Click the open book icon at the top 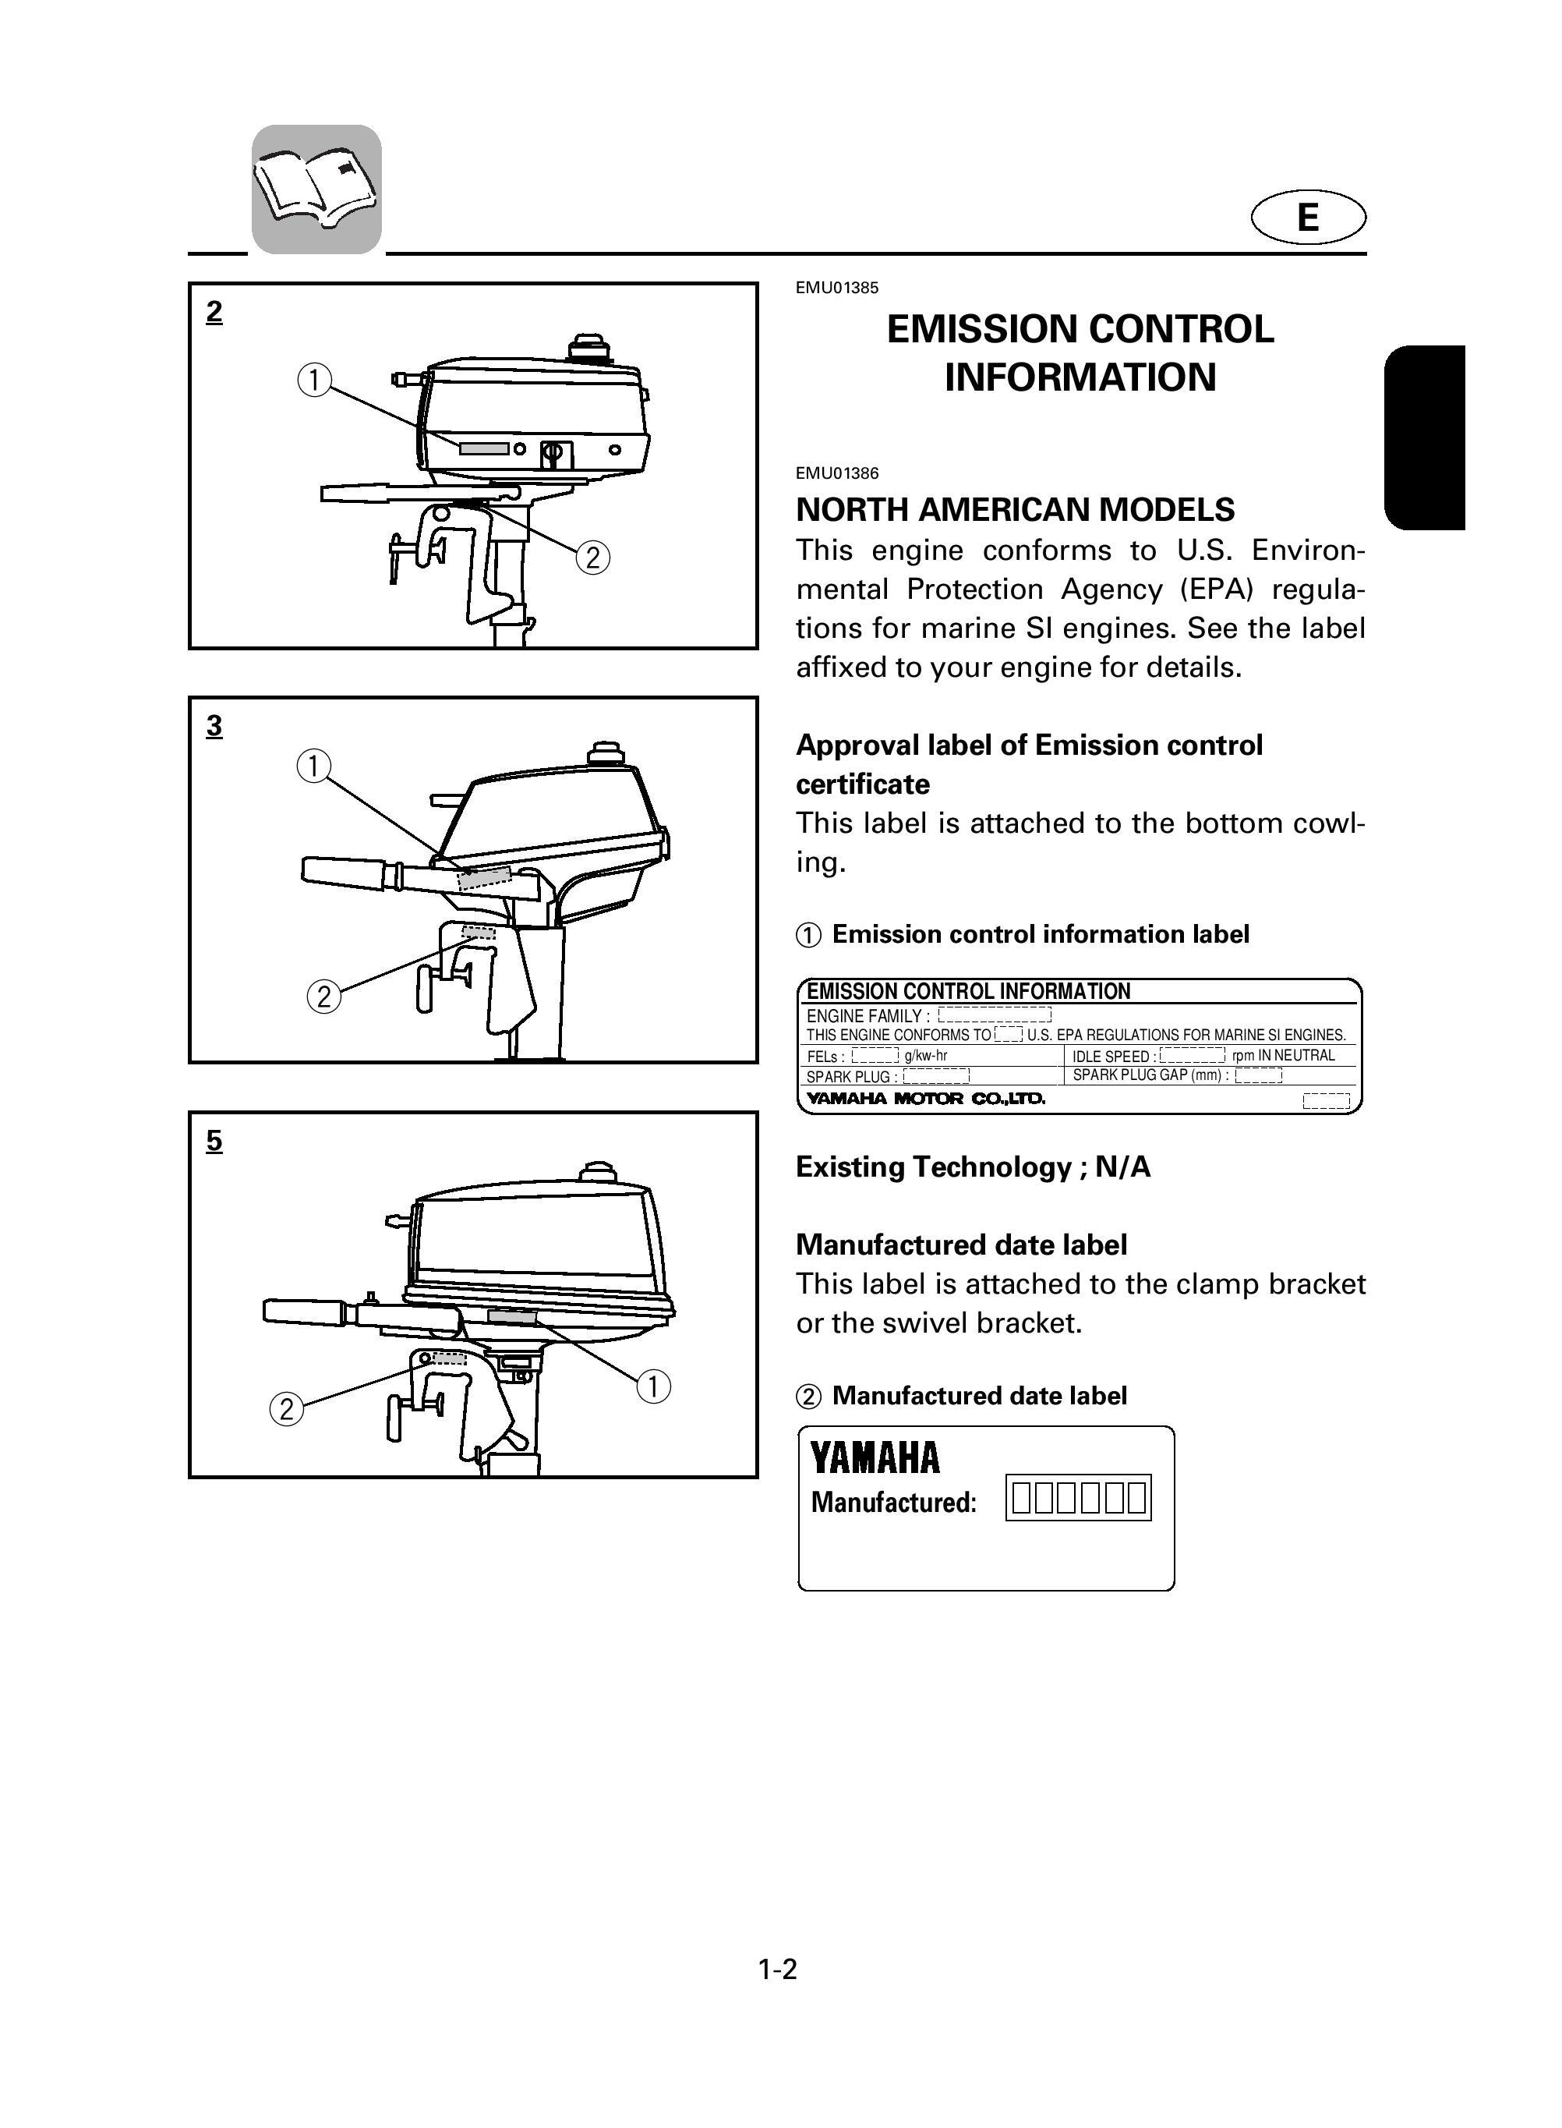tap(316, 189)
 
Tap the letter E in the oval tap(1308, 218)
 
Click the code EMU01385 tap(837, 288)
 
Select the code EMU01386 tap(837, 473)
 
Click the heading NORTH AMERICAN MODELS tap(1015, 510)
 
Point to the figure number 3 tap(214, 725)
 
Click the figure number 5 tap(214, 1141)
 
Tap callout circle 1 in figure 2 tap(314, 381)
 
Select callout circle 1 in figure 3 tap(313, 765)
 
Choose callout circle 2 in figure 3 tap(323, 997)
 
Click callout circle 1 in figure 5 tap(653, 1387)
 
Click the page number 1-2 tap(777, 1970)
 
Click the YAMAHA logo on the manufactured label tap(875, 1457)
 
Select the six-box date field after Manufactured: tap(1079, 1497)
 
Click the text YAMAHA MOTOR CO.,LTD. tap(924, 1099)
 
